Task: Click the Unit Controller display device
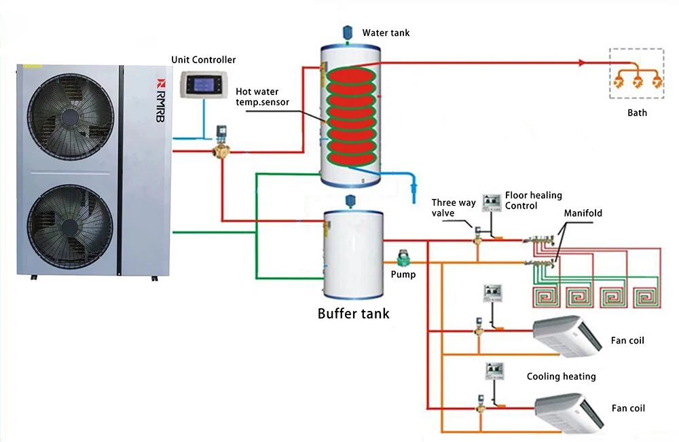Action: click(x=203, y=86)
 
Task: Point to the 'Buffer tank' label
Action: click(x=353, y=314)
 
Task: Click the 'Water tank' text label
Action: click(x=386, y=33)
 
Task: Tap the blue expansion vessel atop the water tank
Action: click(x=348, y=31)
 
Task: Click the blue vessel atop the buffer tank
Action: click(x=351, y=200)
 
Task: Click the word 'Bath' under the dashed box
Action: click(x=637, y=113)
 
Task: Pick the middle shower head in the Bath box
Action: click(x=637, y=81)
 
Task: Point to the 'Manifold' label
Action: click(x=583, y=213)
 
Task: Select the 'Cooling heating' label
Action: click(x=561, y=376)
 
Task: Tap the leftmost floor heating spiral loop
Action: click(x=547, y=297)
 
